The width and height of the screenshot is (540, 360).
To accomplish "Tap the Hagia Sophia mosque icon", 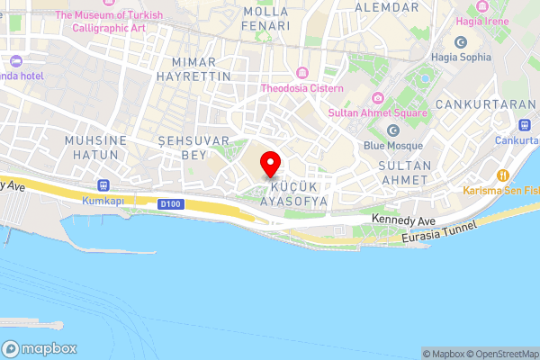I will (461, 42).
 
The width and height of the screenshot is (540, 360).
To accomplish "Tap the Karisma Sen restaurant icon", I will (503, 175).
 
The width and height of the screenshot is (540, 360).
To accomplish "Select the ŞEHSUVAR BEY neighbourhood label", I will (183, 148).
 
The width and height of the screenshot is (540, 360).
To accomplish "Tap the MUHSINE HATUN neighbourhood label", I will (92, 148).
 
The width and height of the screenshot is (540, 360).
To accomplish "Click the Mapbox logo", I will (40, 349).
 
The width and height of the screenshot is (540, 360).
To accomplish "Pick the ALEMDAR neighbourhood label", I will (388, 6).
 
